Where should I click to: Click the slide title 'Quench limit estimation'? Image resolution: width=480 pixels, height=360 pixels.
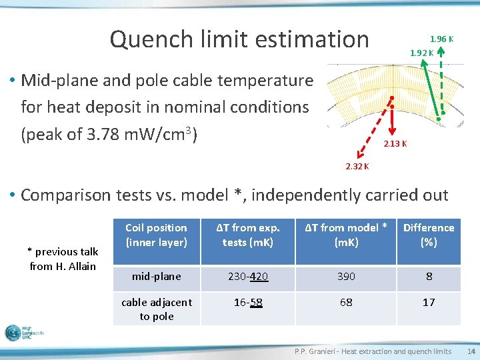[239, 39]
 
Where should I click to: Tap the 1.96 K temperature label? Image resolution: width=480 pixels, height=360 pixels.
[441, 39]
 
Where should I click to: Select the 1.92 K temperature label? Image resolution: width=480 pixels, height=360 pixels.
[421, 53]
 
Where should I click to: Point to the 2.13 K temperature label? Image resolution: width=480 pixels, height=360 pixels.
[395, 143]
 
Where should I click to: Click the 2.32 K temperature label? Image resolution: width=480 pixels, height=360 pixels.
[357, 166]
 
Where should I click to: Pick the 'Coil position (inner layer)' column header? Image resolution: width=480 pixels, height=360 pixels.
[156, 235]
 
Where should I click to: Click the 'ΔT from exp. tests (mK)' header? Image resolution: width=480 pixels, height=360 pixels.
[248, 235]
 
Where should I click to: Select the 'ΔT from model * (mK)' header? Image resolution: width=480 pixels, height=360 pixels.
[346, 235]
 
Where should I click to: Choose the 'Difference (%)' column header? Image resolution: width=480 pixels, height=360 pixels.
[429, 235]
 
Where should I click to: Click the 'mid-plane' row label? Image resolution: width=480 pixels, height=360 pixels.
[156, 276]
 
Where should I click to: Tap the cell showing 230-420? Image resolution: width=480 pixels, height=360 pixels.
[248, 276]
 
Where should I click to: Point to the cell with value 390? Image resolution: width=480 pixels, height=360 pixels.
[346, 276]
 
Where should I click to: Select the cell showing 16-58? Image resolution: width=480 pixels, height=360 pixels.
[248, 303]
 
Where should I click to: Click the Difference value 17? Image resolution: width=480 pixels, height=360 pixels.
[429, 303]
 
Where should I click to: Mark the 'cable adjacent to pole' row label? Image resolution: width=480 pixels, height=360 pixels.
[156, 309]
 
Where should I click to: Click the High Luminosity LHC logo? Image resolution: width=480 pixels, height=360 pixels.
[24, 332]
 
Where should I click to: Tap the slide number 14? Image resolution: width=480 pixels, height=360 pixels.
[471, 351]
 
